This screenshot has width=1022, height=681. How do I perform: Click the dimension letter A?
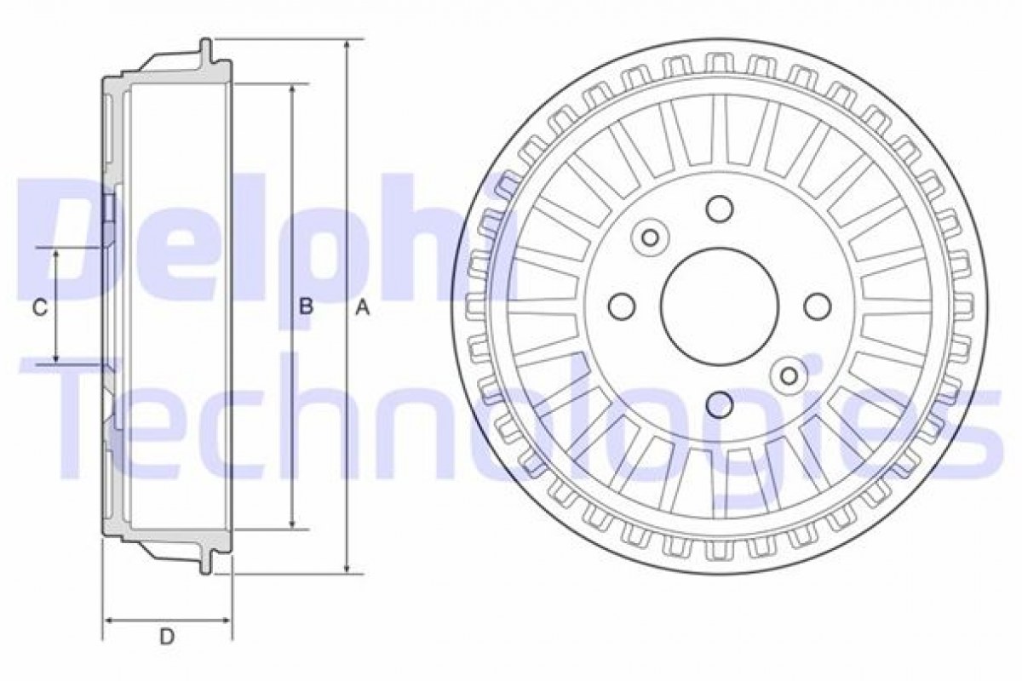pos(363,307)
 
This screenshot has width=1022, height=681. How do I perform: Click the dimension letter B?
pos(306,306)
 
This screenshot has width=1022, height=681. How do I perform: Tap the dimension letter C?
pos(40,307)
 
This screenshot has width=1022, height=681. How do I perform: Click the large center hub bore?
pos(720,306)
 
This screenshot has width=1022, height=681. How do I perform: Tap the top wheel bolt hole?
pos(720,209)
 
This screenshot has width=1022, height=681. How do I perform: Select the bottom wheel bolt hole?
pos(720,404)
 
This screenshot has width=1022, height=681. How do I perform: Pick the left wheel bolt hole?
pos(622,306)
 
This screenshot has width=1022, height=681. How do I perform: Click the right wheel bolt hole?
pos(818,306)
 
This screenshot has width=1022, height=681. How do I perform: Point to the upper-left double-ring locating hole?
pos(650,237)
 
